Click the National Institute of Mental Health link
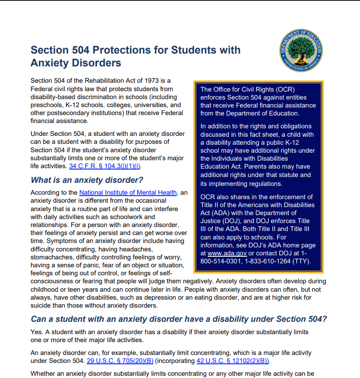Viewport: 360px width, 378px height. click(128, 193)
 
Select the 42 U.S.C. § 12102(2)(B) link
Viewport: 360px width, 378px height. click(232, 361)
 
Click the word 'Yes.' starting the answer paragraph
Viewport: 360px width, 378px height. click(37, 332)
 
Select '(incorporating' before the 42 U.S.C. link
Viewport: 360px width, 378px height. click(175, 361)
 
